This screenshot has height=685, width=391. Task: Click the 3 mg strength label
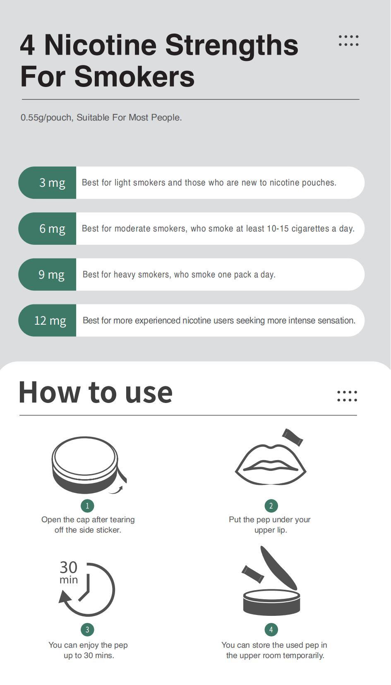[52, 183]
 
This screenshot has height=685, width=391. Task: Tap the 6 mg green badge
[47, 229]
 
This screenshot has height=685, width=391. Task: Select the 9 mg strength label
[51, 275]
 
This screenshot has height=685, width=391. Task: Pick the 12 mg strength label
[50, 321]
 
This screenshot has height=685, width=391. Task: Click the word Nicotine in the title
[101, 45]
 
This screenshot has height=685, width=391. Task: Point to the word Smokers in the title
[134, 77]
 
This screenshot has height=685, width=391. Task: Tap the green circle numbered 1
[87, 506]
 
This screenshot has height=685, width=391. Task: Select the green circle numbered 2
[271, 506]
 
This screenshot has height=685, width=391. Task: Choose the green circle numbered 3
[87, 630]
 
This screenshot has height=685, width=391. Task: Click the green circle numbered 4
[271, 630]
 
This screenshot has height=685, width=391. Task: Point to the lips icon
[271, 465]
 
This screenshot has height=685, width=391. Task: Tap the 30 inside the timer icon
[68, 567]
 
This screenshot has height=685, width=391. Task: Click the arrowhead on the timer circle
[65, 597]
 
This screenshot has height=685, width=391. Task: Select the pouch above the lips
[293, 437]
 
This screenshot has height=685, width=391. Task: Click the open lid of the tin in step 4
[278, 568]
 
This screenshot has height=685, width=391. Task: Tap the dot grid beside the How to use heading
[347, 396]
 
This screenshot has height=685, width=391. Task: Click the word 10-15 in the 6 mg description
[278, 229]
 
